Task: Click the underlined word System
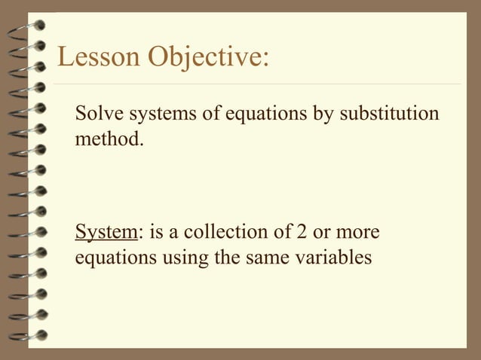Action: [x=105, y=231]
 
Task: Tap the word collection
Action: [x=246, y=231]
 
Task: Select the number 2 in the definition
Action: [x=305, y=231]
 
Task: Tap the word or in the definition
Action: [x=328, y=231]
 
